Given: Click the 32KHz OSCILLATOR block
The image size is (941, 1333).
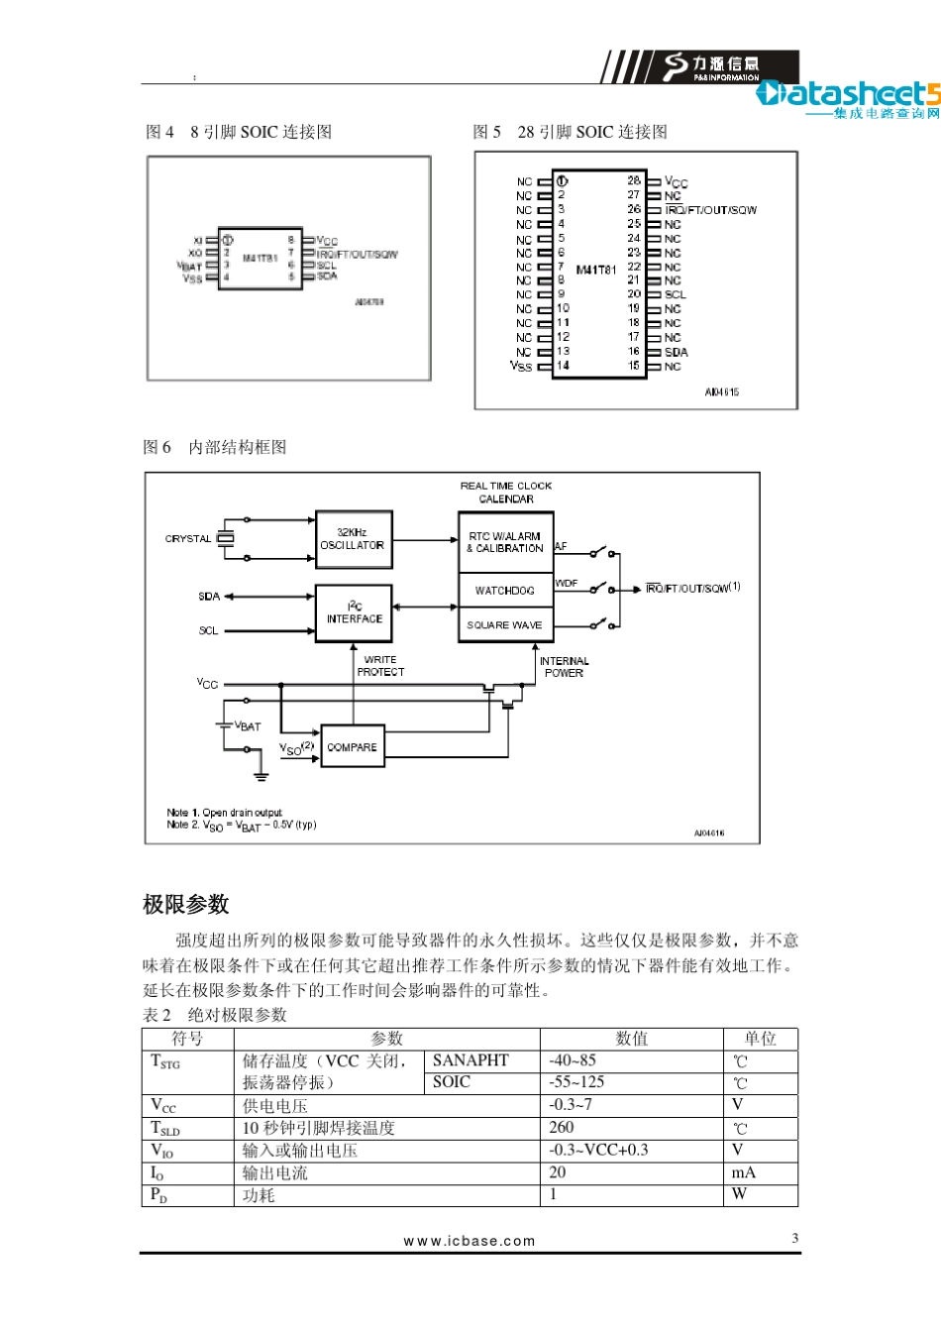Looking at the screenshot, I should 353,539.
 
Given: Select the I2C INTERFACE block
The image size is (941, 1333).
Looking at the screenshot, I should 354,612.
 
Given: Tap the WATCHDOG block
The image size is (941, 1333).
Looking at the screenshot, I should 505,591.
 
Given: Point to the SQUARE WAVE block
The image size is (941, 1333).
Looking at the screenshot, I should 505,625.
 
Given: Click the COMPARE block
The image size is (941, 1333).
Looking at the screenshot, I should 352,747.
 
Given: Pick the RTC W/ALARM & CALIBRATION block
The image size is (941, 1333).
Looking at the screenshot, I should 505,542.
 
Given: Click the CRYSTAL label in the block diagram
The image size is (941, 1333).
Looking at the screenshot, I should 188,539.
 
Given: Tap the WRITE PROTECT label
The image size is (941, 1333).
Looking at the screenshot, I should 380,666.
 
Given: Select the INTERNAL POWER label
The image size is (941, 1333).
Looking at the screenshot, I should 564,667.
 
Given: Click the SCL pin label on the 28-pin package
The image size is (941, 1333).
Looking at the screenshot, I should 676,294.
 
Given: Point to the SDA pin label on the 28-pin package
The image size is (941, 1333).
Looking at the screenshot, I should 677,352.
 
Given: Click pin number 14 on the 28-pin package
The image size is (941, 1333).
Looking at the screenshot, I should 563,366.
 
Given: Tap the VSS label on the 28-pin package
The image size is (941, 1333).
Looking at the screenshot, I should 521,367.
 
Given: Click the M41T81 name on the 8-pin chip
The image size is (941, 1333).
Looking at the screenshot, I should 260,258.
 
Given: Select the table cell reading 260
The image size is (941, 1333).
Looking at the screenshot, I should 562,1128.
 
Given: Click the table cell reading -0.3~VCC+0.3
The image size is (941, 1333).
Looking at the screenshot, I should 599,1151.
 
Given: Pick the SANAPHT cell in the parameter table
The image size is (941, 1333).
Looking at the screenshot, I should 470,1060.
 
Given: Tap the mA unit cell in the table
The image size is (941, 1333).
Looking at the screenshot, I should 744,1173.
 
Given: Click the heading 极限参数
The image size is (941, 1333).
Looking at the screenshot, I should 186,904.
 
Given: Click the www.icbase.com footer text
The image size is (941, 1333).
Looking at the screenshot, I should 470,1241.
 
